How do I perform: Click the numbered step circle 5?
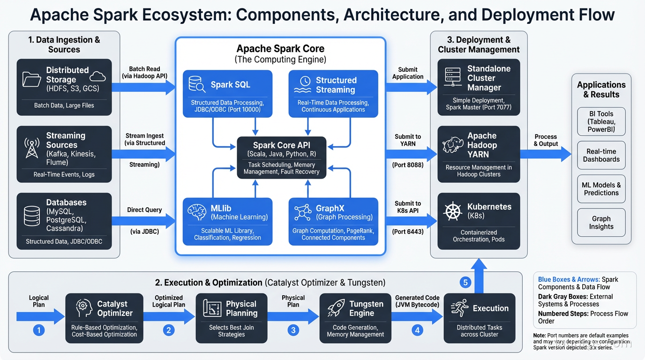click(x=465, y=282)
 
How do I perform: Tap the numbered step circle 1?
click(x=39, y=330)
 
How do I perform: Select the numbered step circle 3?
click(x=293, y=330)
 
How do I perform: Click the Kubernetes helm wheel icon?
click(x=452, y=211)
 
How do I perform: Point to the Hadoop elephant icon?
click(x=452, y=145)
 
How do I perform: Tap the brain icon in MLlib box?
click(x=196, y=212)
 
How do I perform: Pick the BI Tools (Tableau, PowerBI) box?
click(x=601, y=121)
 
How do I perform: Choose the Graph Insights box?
click(x=601, y=223)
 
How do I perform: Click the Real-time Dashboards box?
click(x=601, y=155)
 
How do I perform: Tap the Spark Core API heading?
click(x=281, y=145)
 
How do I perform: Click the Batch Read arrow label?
click(x=144, y=72)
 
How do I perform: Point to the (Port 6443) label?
click(x=407, y=232)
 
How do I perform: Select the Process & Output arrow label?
click(x=546, y=140)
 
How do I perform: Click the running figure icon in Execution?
click(x=459, y=308)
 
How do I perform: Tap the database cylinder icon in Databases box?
click(x=32, y=216)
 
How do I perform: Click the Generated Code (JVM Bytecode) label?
click(x=417, y=301)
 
